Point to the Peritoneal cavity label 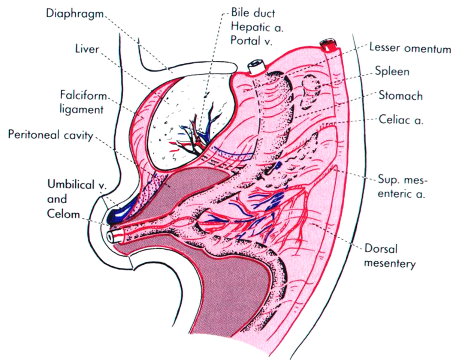coord(50,135)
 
